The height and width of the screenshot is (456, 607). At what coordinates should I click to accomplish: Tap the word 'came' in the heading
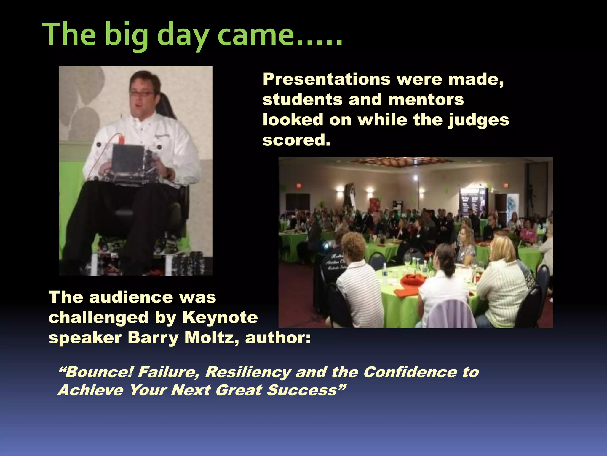255,36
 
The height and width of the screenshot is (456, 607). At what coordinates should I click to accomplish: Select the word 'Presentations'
327,80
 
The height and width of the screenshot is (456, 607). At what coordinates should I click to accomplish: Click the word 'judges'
478,120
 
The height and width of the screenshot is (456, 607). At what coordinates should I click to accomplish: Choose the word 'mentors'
426,99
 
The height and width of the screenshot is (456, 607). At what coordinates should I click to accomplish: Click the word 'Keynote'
220,317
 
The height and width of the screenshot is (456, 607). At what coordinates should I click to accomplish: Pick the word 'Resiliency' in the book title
247,372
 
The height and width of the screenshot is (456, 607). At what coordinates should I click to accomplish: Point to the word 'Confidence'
410,372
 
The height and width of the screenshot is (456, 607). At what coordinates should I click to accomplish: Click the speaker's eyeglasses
142,94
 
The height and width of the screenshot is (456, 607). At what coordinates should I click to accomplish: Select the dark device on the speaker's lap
128,159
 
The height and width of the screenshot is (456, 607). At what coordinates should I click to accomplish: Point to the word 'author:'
278,338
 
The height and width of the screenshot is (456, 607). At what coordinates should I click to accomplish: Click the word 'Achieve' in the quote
90,390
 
